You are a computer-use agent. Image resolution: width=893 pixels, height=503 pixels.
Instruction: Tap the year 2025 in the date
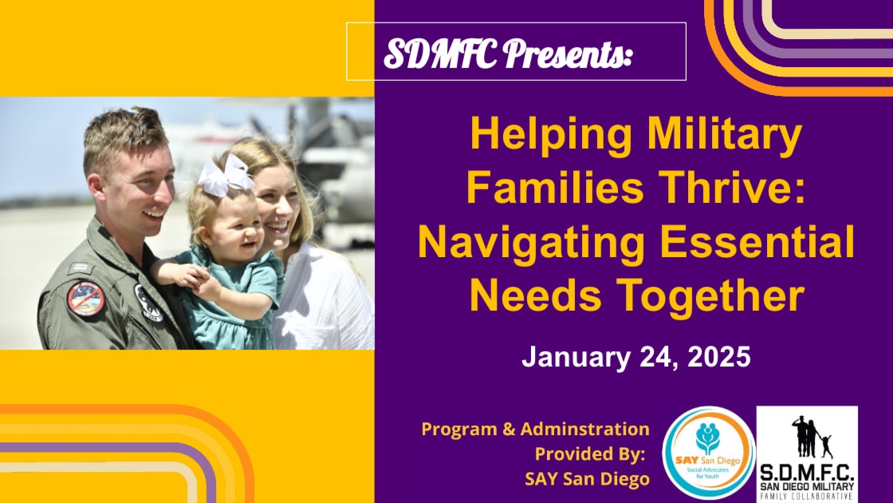(718, 357)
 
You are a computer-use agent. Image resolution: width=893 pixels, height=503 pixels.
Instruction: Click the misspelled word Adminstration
(585, 429)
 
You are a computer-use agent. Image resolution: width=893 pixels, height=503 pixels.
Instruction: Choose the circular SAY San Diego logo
(708, 453)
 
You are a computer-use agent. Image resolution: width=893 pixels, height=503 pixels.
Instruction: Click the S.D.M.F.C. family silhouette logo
(807, 454)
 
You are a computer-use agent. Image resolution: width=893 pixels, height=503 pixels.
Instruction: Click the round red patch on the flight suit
(86, 299)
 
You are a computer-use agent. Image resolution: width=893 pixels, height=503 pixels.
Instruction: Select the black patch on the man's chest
(147, 303)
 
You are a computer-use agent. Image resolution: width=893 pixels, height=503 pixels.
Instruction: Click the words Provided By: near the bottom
(589, 454)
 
